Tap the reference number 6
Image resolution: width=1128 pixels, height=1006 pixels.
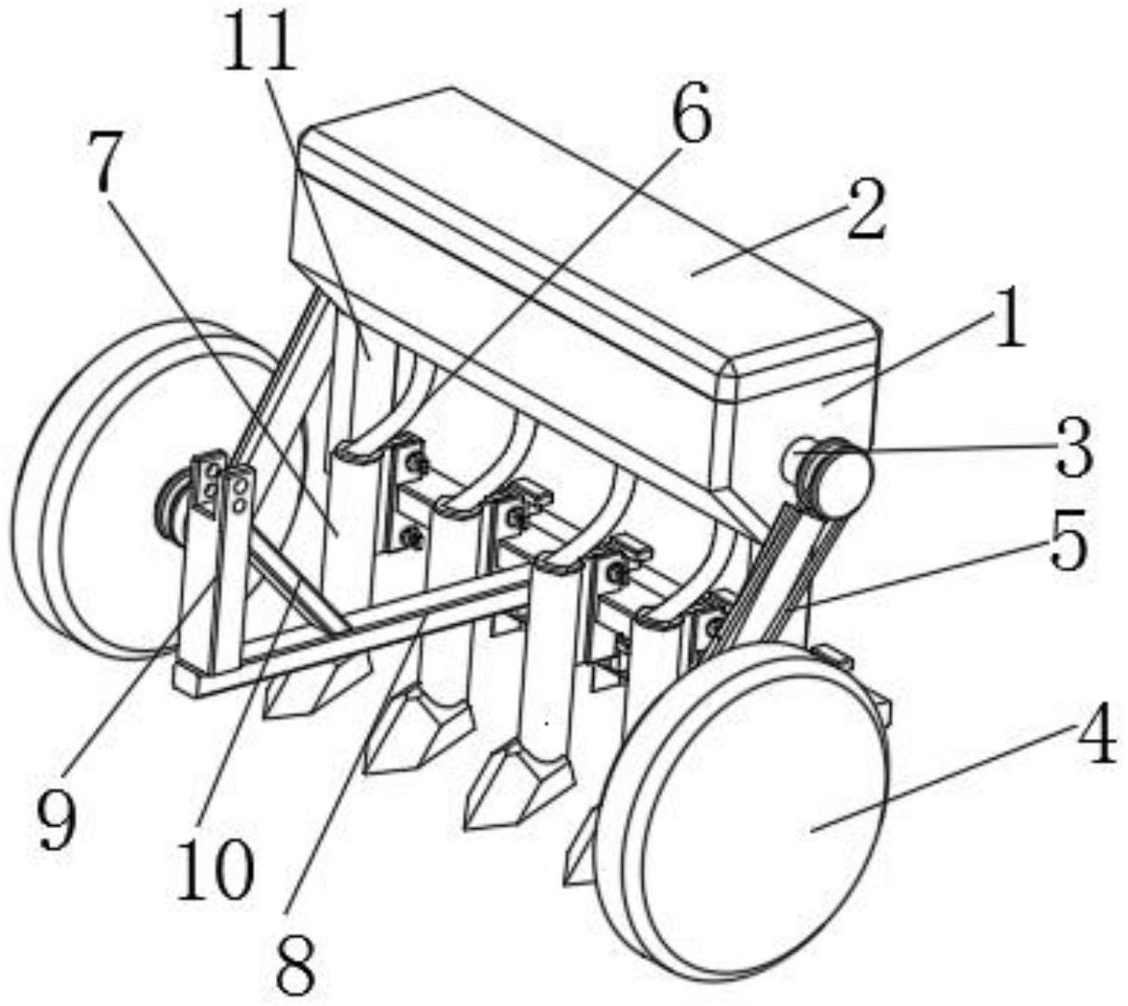click(692, 111)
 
